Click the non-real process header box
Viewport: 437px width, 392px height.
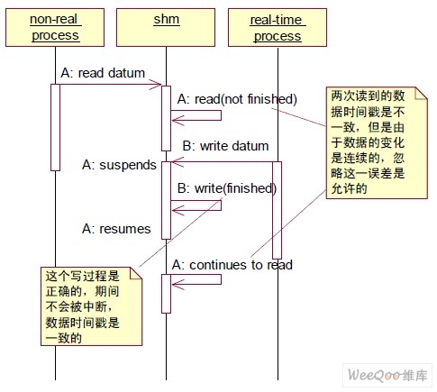[55, 27]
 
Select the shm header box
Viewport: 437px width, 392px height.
[166, 27]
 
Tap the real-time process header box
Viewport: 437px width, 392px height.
[278, 27]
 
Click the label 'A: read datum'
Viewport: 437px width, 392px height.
[103, 73]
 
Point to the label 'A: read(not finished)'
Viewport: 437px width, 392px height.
[237, 99]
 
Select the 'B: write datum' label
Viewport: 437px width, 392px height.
[225, 146]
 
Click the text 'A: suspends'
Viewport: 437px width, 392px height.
[119, 165]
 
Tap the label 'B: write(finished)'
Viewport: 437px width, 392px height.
[227, 188]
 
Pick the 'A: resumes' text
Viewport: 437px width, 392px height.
[116, 229]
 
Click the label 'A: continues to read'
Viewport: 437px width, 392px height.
[232, 265]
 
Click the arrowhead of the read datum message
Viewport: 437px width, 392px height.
[158, 85]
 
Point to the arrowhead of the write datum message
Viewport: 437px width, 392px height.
[178, 162]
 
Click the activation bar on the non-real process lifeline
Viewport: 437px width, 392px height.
[55, 127]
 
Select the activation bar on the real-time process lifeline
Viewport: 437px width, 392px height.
[277, 210]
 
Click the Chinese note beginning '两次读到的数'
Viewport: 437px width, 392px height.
[377, 142]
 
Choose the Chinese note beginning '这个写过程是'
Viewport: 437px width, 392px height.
[91, 306]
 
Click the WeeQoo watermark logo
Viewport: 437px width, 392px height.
[387, 375]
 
